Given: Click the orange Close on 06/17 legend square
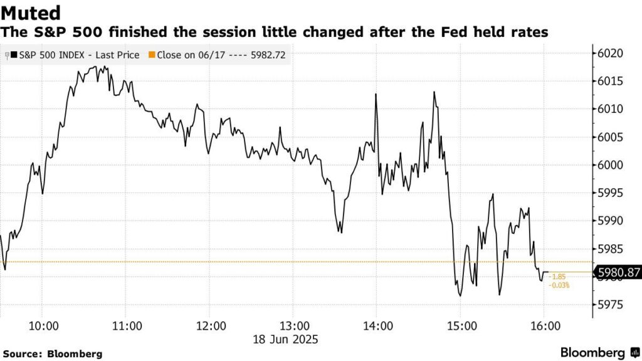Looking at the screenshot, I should (x=150, y=55).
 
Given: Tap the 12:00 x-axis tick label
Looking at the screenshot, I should (x=211, y=326).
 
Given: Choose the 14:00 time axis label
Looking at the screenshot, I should (x=378, y=326).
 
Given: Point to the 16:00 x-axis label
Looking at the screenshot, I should (x=545, y=326).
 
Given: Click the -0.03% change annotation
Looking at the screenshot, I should (x=559, y=286).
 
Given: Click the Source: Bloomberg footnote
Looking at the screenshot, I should (x=56, y=354).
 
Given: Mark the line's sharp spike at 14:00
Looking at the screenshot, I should (x=375, y=95).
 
